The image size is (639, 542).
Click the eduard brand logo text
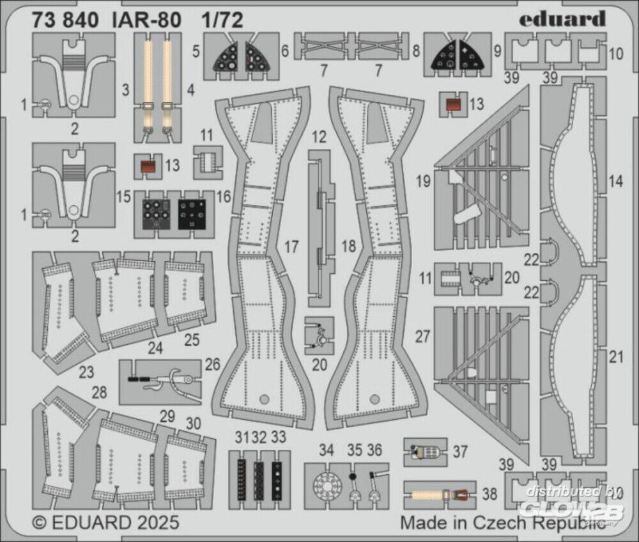click(562, 19)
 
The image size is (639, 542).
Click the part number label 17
click(291, 246)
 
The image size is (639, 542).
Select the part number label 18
click(348, 246)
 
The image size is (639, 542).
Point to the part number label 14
click(615, 181)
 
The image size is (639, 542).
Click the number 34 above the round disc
click(327, 450)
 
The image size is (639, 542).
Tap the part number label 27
click(422, 337)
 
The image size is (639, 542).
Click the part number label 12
click(320, 136)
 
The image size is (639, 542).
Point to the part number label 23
click(87, 371)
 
